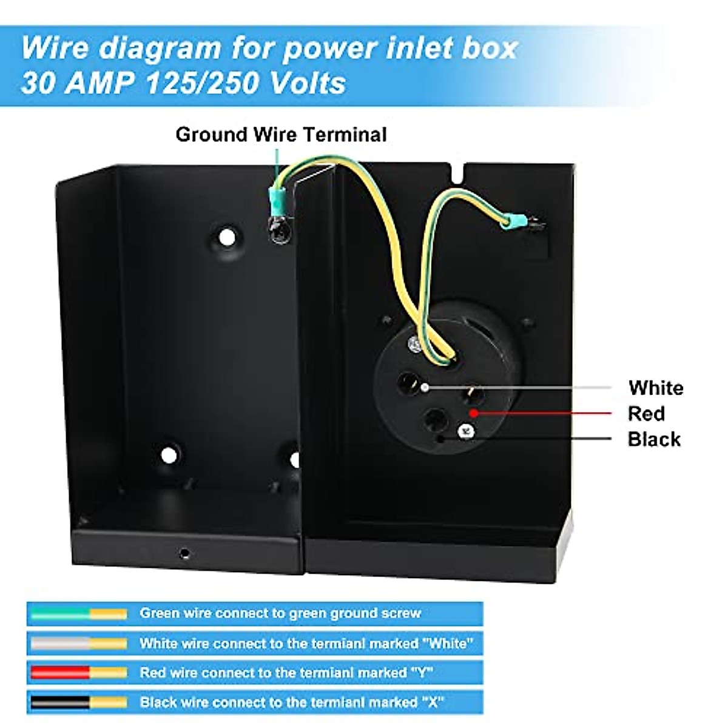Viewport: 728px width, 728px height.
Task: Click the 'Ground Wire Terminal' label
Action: (x=281, y=134)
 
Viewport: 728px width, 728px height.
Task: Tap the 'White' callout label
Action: (x=656, y=388)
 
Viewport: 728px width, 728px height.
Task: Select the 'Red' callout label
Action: (x=646, y=414)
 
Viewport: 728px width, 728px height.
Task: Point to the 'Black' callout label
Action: (x=654, y=439)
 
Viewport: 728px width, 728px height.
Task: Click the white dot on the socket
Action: (x=425, y=386)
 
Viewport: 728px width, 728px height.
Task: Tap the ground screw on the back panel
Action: (x=280, y=231)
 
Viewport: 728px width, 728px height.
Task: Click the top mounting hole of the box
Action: (x=227, y=237)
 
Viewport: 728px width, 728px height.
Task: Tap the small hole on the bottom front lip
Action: (x=184, y=553)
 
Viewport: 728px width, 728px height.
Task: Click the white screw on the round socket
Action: (x=466, y=431)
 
